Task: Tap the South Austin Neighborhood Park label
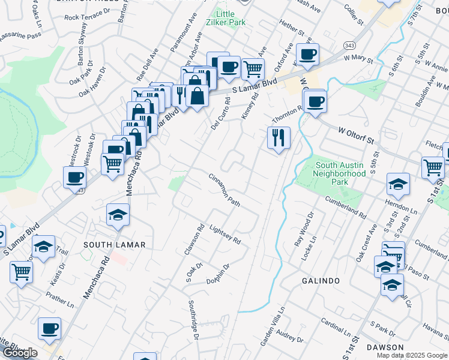[x=340, y=173]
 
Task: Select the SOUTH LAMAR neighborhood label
[x=114, y=245]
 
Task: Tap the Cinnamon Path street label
[x=224, y=190]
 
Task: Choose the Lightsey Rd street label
[x=225, y=234]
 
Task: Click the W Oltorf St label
[x=356, y=135]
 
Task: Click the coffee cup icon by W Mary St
[x=307, y=54]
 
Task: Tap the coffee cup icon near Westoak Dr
[x=75, y=177]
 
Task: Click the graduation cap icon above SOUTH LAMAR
[x=118, y=214]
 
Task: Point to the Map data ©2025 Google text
[x=411, y=355]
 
